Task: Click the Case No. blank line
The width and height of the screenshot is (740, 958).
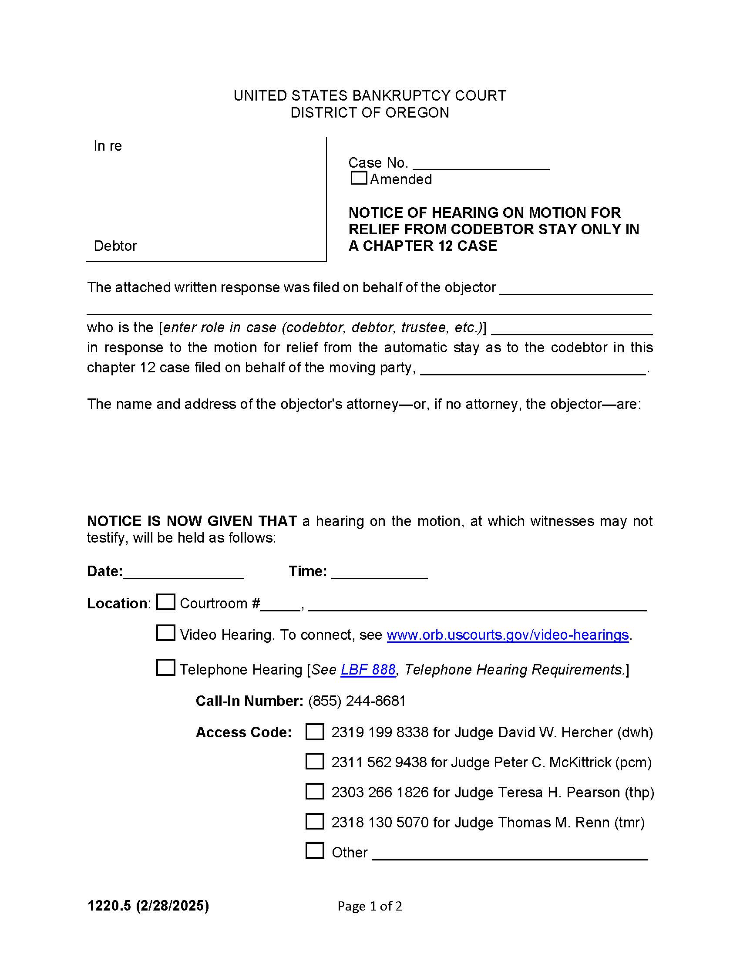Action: [481, 164]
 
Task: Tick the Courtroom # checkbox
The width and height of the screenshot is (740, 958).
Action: [166, 602]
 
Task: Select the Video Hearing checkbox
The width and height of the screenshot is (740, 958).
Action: [166, 633]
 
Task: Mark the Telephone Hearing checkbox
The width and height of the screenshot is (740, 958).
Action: [166, 668]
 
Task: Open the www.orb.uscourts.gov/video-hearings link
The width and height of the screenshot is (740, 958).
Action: [507, 635]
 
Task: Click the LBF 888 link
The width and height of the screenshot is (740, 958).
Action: [368, 669]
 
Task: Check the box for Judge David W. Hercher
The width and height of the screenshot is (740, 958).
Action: [314, 732]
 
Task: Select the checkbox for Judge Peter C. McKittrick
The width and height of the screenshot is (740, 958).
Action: [314, 762]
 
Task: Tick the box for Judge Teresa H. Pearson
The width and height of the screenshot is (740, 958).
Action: [314, 792]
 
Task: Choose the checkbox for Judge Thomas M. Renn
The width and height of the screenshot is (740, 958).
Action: [314, 822]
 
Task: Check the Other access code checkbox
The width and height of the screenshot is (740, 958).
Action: [314, 850]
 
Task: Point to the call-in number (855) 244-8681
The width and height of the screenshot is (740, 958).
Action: [357, 701]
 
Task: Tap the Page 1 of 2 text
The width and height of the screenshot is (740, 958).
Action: [369, 906]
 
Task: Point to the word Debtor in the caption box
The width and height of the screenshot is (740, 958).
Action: [115, 246]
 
